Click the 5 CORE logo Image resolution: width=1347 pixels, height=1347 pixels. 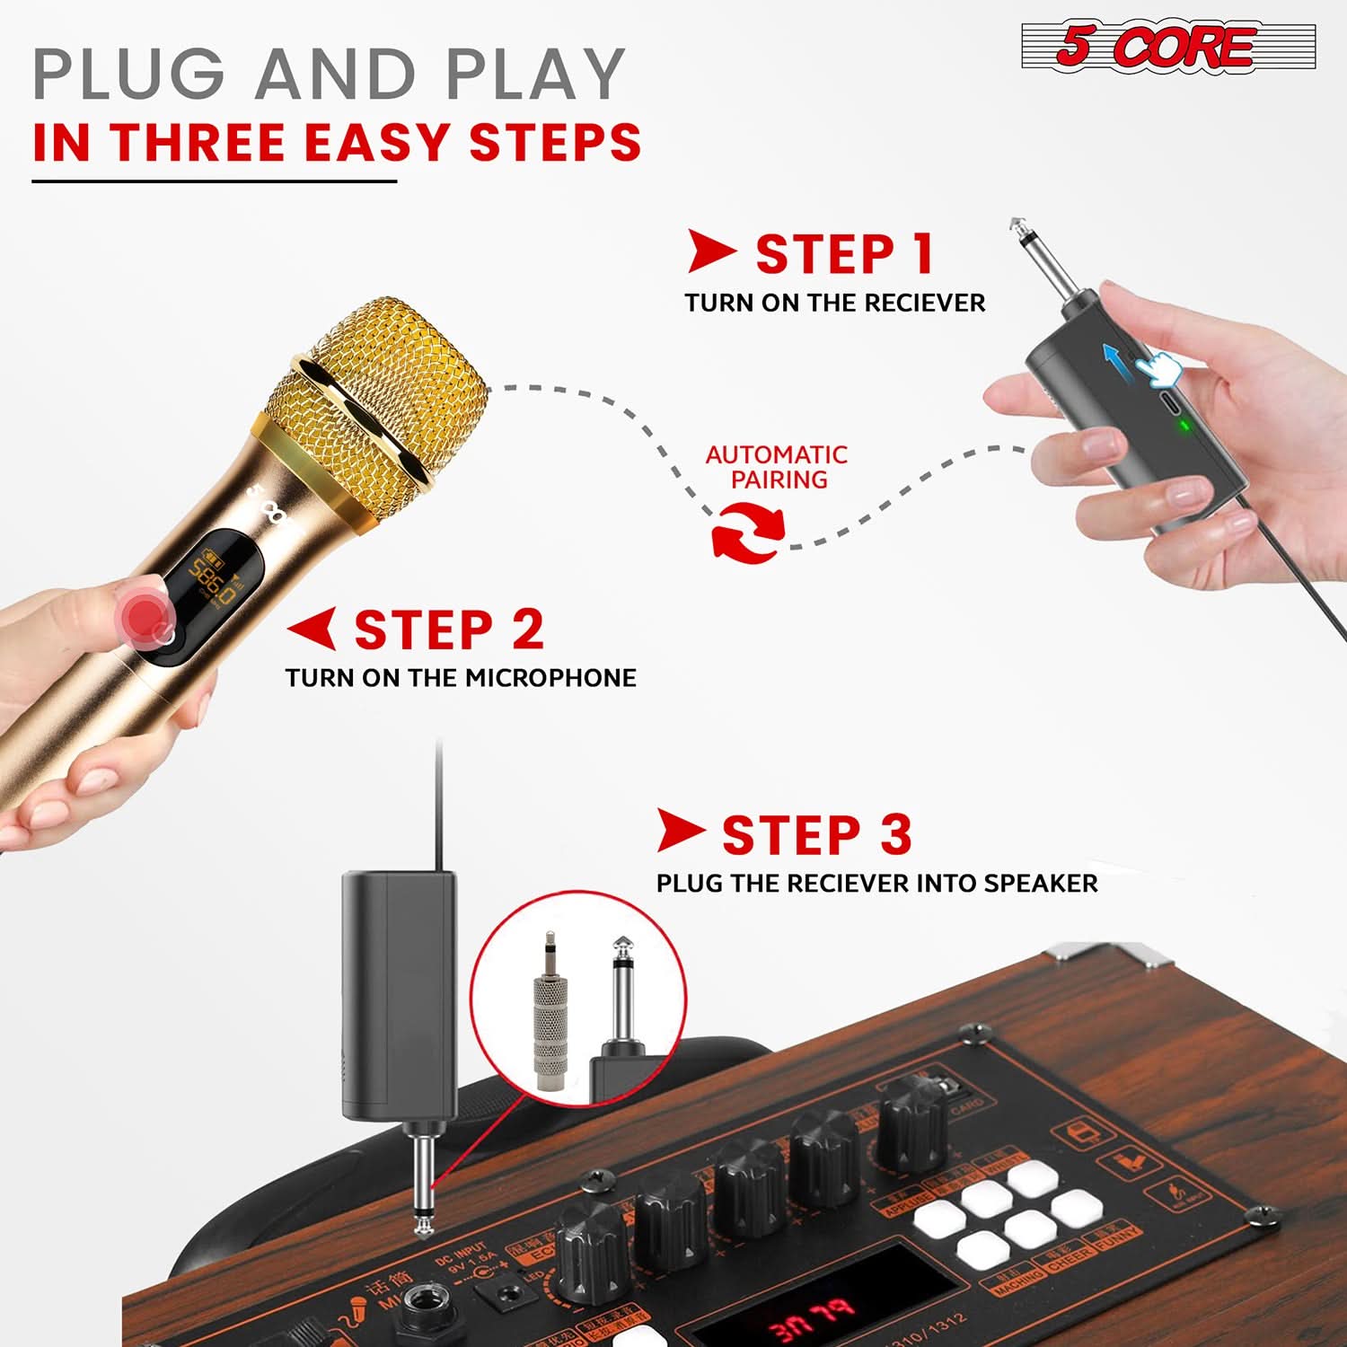tap(1167, 47)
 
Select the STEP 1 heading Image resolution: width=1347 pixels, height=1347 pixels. tap(844, 254)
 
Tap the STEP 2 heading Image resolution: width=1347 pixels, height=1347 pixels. tap(449, 629)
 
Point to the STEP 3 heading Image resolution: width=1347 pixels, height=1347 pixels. tap(816, 835)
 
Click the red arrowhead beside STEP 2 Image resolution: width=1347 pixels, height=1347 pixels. tap(313, 628)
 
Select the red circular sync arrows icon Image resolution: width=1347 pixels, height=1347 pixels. tap(747, 533)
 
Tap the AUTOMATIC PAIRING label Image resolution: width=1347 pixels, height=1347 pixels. tap(777, 467)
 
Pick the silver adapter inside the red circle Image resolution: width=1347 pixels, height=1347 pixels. tap(551, 1015)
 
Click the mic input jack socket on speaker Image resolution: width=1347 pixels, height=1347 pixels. tap(418, 1303)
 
